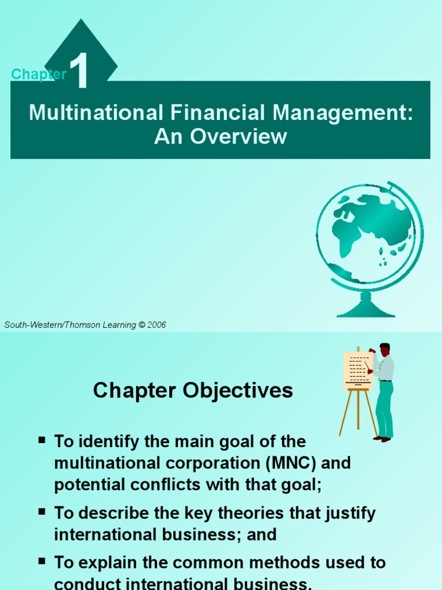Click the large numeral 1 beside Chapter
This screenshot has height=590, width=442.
click(x=81, y=71)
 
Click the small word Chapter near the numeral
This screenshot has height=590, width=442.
click(x=39, y=74)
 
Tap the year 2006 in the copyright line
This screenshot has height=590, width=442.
click(x=157, y=325)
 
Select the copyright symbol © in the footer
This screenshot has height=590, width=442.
click(x=141, y=325)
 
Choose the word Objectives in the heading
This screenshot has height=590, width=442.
click(x=238, y=391)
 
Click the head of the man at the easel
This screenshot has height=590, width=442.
click(x=384, y=349)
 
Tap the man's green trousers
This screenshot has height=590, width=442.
click(x=384, y=409)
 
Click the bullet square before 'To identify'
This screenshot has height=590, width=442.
click(x=42, y=441)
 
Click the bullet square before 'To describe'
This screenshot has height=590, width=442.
click(x=42, y=512)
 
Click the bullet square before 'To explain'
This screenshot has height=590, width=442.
click(x=42, y=561)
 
